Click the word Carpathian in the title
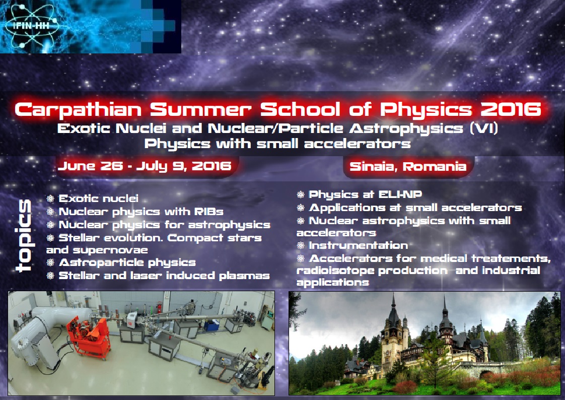79,110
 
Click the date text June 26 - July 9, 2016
145,166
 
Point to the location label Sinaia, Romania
408,166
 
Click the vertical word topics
24,235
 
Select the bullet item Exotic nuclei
93,198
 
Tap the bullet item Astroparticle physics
121,262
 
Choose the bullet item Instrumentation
352,245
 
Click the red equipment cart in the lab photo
89,336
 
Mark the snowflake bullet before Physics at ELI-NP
301,194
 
